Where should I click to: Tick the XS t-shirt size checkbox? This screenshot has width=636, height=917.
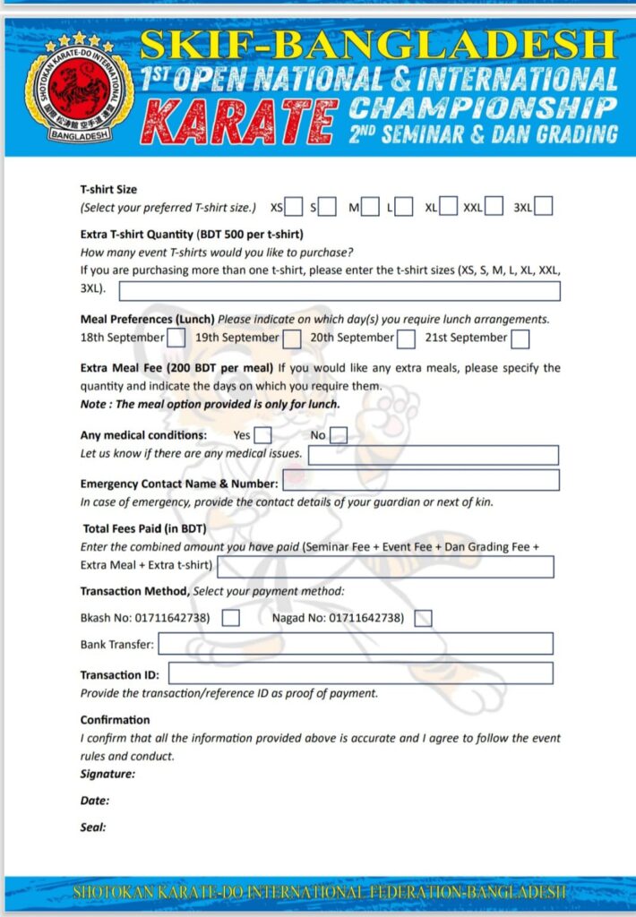pyautogui.click(x=293, y=207)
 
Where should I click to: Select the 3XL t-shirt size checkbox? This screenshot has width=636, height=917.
pyautogui.click(x=543, y=207)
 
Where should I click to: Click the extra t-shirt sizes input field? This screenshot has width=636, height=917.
pyautogui.click(x=339, y=291)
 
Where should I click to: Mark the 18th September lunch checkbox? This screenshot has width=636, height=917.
pyautogui.click(x=176, y=339)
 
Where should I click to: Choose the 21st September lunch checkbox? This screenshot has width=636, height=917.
pyautogui.click(x=520, y=339)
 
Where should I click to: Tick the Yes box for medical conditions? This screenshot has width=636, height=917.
pyautogui.click(x=262, y=435)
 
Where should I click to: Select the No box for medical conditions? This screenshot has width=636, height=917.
pyautogui.click(x=338, y=435)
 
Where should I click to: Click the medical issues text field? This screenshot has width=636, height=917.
pyautogui.click(x=434, y=455)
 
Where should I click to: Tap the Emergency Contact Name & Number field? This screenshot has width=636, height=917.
pyautogui.click(x=420, y=481)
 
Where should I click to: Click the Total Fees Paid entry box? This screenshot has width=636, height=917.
pyautogui.click(x=385, y=567)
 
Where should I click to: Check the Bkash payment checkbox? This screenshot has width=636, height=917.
pyautogui.click(x=230, y=618)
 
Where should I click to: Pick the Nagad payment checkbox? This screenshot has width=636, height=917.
pyautogui.click(x=424, y=618)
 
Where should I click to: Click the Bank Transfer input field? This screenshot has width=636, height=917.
pyautogui.click(x=356, y=644)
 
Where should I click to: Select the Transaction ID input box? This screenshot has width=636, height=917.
pyautogui.click(x=360, y=673)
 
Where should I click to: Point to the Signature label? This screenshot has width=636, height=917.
pyautogui.click(x=107, y=773)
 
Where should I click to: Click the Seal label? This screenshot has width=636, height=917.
pyautogui.click(x=93, y=827)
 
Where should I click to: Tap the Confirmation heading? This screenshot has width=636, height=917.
pyautogui.click(x=115, y=720)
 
